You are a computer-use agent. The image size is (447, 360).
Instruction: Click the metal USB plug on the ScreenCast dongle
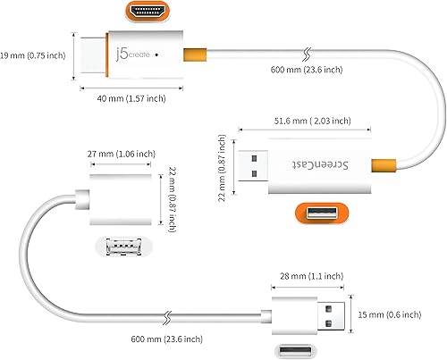255,163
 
